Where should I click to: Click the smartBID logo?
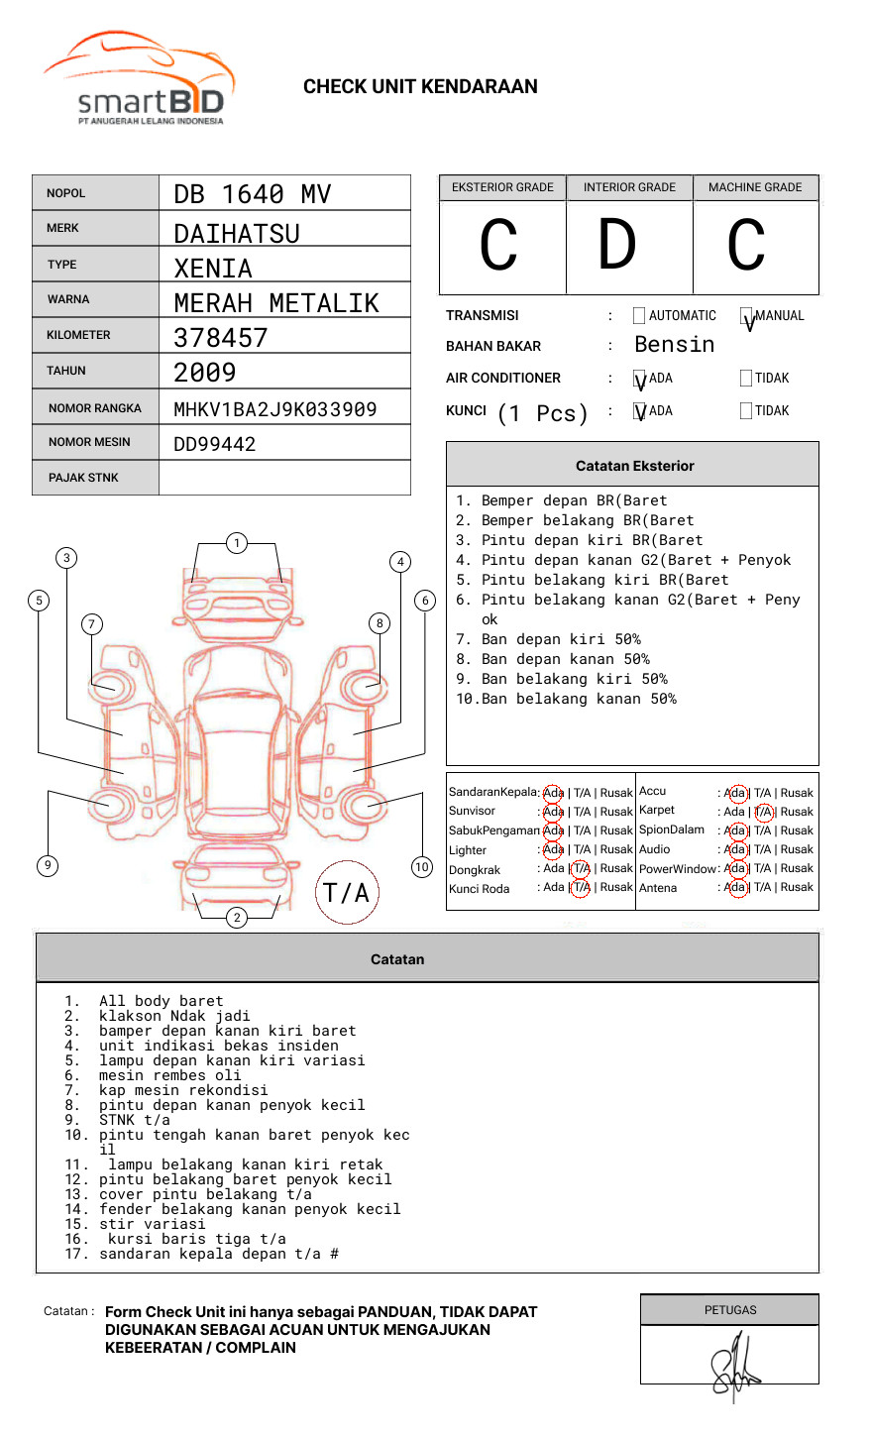[140, 79]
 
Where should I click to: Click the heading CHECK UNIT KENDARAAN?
[420, 87]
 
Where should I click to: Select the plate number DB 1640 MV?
[252, 194]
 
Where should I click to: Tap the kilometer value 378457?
[220, 338]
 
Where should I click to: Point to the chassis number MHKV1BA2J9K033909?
[274, 409]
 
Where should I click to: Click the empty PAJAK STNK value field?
[284, 478]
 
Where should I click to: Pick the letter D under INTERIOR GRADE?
[616, 245]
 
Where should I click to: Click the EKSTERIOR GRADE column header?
[502, 187]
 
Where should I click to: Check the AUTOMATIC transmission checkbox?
[639, 316]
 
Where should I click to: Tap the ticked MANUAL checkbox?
[746, 316]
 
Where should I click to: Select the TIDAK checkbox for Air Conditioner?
[746, 379]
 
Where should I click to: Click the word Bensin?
[674, 345]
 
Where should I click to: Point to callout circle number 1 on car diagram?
[236, 542]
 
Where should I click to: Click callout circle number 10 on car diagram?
[422, 867]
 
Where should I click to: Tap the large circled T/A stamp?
[347, 893]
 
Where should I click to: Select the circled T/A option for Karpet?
[763, 812]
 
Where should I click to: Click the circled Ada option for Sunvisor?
[553, 812]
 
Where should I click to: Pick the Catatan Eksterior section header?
[634, 466]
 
